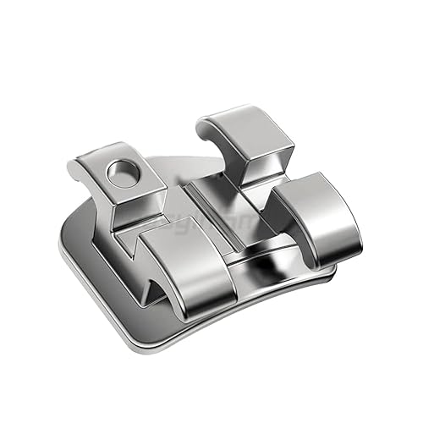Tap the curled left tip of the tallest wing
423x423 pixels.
[x=203, y=129]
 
